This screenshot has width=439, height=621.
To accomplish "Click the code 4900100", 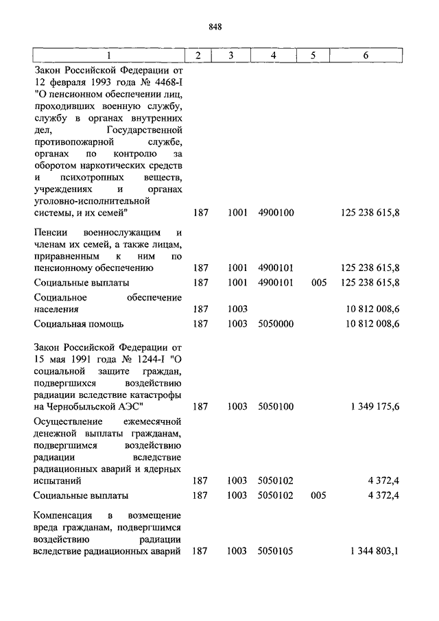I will (x=276, y=213).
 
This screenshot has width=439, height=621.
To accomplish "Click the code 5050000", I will (x=276, y=324).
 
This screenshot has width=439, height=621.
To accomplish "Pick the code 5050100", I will (x=276, y=407).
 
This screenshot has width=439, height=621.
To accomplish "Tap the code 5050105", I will (x=276, y=550).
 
